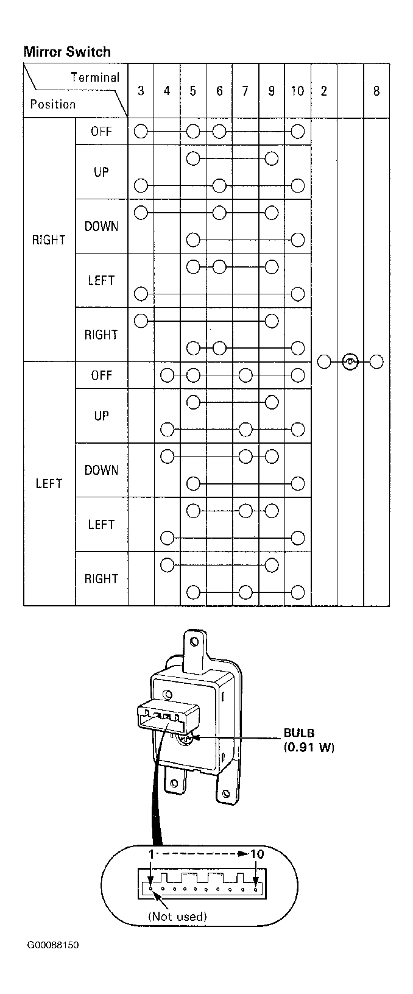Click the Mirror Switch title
67,52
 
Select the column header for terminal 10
297,91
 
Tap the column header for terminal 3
141,91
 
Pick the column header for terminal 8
376,91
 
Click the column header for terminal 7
245,91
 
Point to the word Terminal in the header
96,77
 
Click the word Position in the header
53,104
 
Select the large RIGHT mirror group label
49,240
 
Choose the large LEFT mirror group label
49,484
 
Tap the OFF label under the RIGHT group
101,132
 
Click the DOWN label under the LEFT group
101,470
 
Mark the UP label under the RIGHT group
101,172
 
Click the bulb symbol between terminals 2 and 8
350,362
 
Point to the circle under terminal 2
324,362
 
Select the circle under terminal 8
376,362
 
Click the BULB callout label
299,733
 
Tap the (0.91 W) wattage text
309,747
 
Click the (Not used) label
177,917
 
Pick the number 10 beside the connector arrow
257,854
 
